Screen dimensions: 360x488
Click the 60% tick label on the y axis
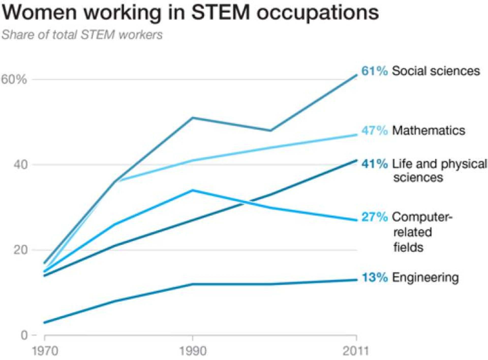pos(14,79)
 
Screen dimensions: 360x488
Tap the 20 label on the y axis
pos(20,250)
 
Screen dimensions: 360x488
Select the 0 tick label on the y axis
pos(24,335)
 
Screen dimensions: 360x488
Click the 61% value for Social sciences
pos(375,71)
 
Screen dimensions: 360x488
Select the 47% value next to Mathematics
pos(375,131)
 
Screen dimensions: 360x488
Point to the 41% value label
pos(375,164)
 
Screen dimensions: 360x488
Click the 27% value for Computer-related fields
pos(375,217)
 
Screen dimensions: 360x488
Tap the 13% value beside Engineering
pos(375,277)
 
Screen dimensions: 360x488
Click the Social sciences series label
pos(436,71)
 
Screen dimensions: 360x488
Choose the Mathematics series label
pos(429,131)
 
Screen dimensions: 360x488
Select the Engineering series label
pos(425,277)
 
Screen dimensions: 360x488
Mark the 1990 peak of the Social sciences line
pos(193,118)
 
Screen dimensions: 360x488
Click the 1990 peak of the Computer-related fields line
pos(193,190)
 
